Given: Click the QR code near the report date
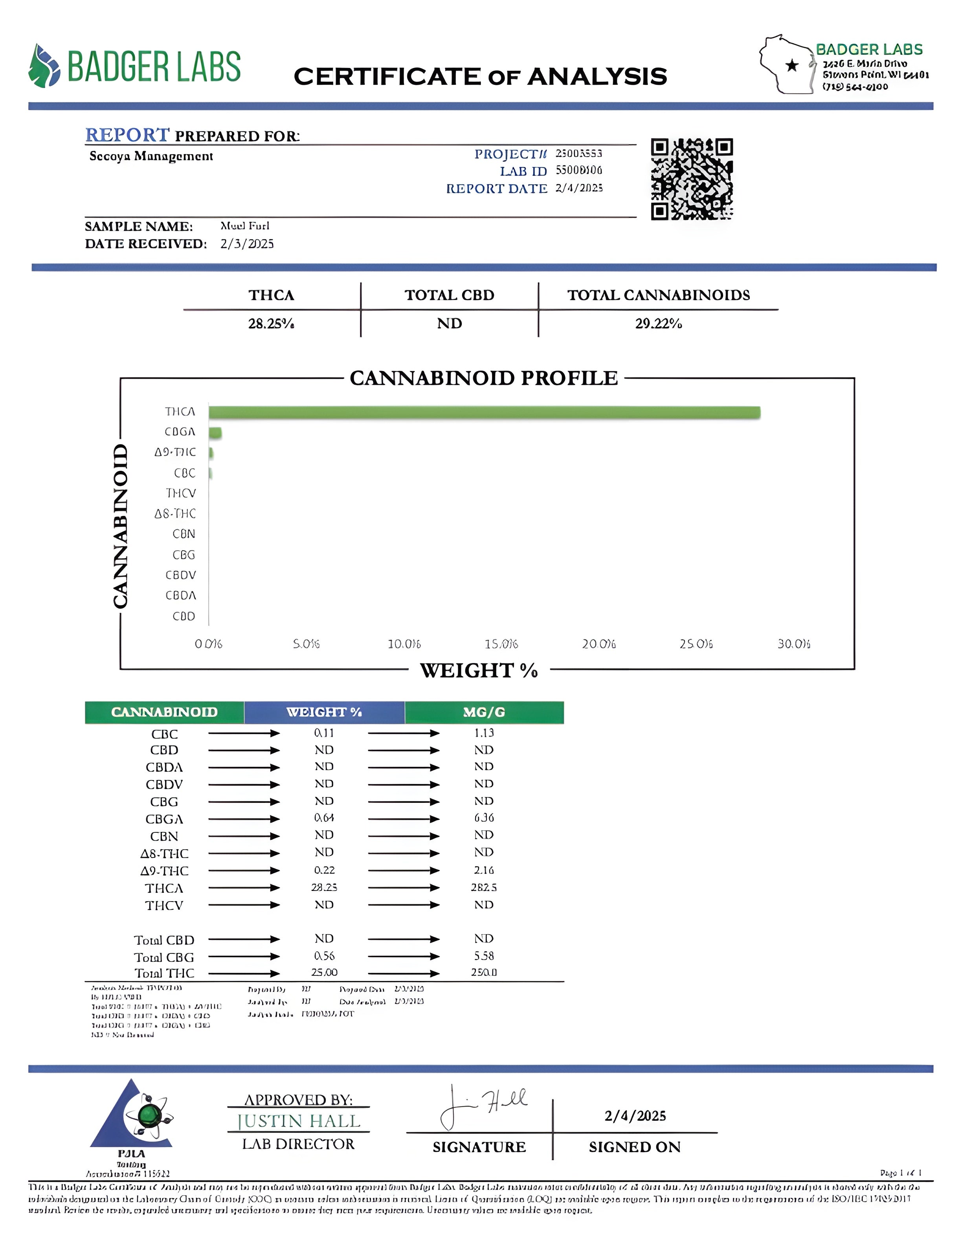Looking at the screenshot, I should tap(692, 178).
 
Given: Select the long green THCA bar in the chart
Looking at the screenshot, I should tap(485, 412).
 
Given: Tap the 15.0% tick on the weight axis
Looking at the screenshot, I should tap(501, 644).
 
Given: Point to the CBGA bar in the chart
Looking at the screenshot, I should tap(215, 433).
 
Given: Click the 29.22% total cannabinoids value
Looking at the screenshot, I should tap(658, 324).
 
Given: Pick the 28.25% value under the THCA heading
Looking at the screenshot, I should tap(271, 324).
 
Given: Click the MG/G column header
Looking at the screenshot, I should tap(484, 712).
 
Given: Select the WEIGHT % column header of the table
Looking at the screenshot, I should tap(324, 712).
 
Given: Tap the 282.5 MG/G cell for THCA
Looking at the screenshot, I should tap(484, 888).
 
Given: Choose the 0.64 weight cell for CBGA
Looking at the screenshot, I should tap(324, 818).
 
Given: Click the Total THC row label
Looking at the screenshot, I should tap(164, 973).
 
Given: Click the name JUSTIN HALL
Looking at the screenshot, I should tap(299, 1121).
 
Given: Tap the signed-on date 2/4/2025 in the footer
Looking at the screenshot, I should tap(635, 1116).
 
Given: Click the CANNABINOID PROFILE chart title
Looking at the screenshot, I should tap(483, 378).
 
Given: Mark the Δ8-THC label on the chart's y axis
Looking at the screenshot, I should tap(175, 514).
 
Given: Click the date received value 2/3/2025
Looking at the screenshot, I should tap(247, 244).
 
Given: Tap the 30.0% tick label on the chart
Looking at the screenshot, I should tap(793, 644).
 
